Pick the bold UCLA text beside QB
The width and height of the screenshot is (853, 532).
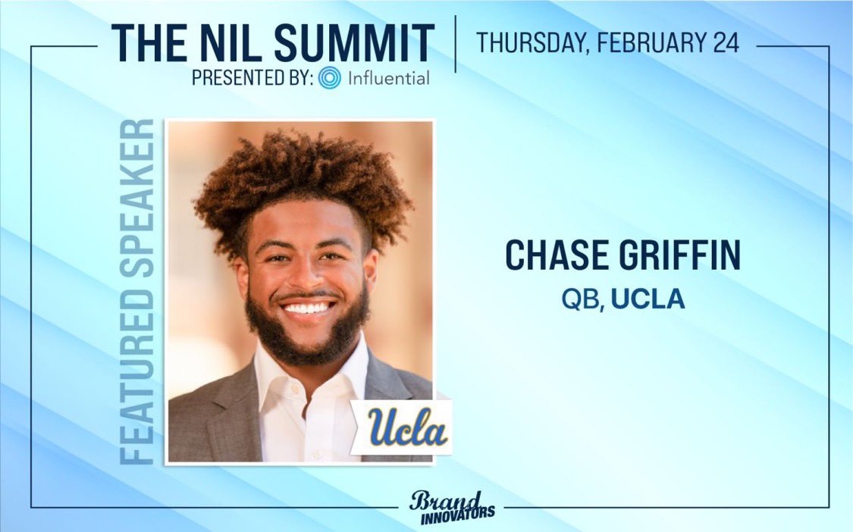648,299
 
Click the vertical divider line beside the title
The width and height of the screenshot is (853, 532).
456,43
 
